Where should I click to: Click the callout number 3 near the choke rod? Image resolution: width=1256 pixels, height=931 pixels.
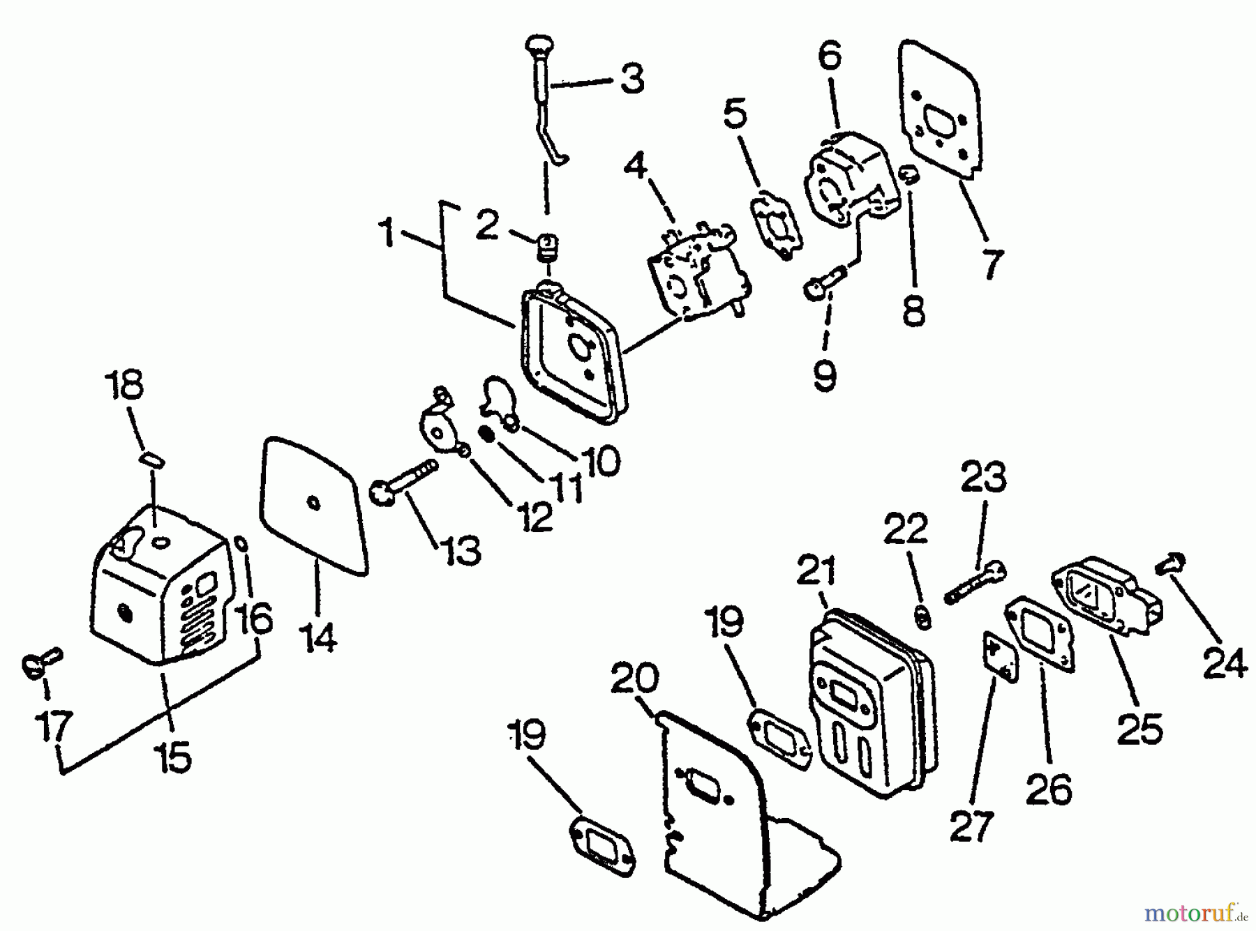pyautogui.click(x=632, y=79)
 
